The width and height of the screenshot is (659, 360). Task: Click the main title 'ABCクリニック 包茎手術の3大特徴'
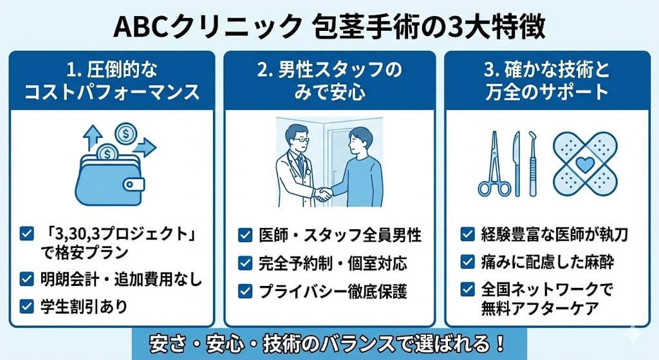tap(329, 26)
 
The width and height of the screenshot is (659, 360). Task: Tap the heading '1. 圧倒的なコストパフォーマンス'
tap(112, 81)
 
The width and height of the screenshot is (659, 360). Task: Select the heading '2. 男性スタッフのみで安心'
tap(329, 81)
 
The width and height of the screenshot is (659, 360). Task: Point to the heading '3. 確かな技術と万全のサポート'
tap(546, 81)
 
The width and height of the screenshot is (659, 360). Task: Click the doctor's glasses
tap(300, 140)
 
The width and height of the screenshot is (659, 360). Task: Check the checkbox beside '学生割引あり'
tap(27, 306)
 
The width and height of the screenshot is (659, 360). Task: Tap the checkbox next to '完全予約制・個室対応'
tap(245, 263)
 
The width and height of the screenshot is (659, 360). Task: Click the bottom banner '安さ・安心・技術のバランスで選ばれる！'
tap(329, 341)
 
